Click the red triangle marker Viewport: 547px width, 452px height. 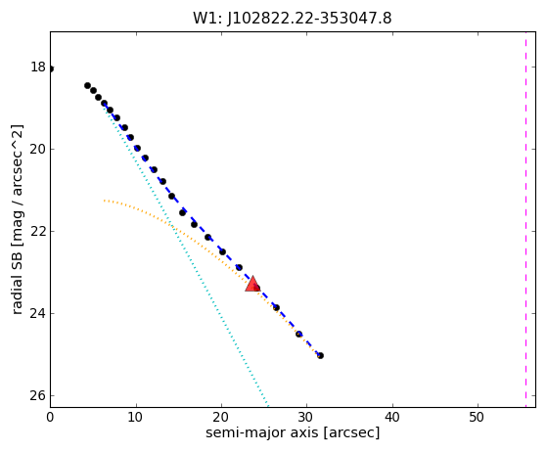tap(252, 284)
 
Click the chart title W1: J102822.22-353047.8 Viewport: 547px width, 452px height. tap(293, 19)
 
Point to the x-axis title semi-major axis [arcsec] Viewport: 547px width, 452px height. tap(293, 432)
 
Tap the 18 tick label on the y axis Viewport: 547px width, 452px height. tap(38, 67)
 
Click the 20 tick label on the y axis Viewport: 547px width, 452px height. tap(38, 149)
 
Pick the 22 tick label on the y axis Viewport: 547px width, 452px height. tap(38, 231)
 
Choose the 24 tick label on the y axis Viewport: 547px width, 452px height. tap(38, 313)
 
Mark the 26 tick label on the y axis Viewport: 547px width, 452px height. tap(38, 396)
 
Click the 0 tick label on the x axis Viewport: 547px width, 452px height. tap(50, 417)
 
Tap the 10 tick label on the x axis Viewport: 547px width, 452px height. tap(136, 417)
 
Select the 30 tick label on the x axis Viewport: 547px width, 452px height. tap(306, 417)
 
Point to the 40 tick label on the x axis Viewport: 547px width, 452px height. tap(392, 417)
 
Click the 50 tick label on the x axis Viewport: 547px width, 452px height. tap(478, 417)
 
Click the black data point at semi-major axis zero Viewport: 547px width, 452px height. tap(51, 69)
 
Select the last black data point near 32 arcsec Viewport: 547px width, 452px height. tap(320, 356)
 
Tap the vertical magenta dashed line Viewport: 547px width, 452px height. tap(525, 219)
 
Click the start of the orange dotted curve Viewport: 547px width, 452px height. tap(104, 201)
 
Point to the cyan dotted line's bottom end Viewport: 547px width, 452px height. tap(268, 407)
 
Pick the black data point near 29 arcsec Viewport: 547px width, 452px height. tap(299, 335)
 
